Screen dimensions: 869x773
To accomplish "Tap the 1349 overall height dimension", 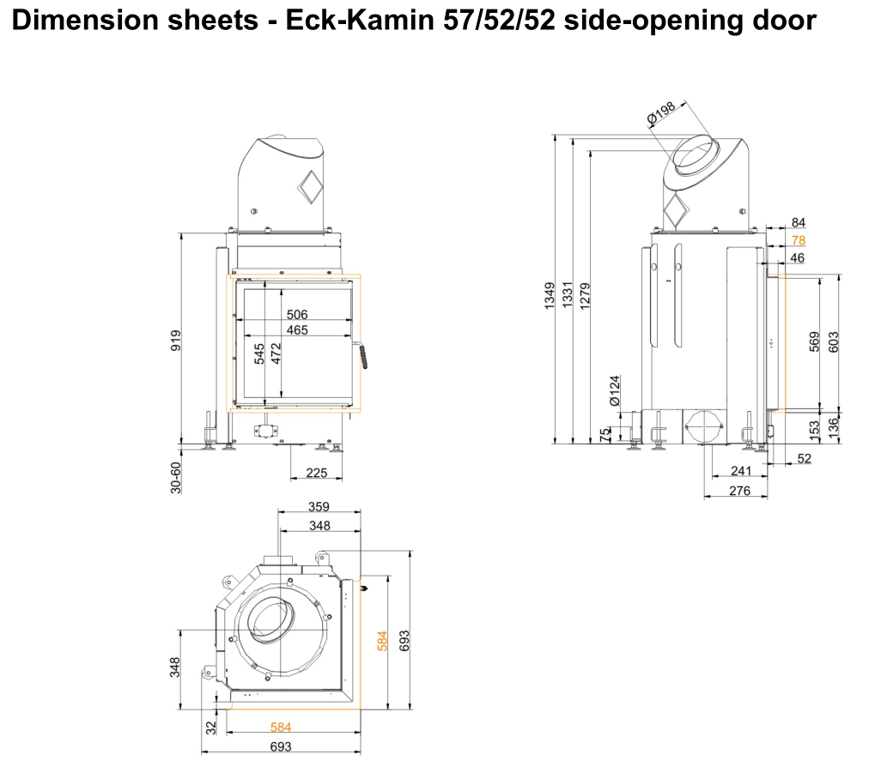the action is [550, 296].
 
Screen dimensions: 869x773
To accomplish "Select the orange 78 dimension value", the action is [798, 240].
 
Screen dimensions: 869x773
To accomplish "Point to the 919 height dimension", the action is [176, 341].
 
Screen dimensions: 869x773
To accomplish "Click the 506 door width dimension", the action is [296, 315].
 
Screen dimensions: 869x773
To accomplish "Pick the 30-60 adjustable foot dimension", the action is [176, 477].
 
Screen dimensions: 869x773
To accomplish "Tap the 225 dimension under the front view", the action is [317, 473].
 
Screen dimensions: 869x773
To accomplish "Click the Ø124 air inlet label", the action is [615, 390].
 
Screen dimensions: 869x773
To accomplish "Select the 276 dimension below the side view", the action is [739, 491].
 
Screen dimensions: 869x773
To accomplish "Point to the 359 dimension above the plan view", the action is [319, 506].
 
